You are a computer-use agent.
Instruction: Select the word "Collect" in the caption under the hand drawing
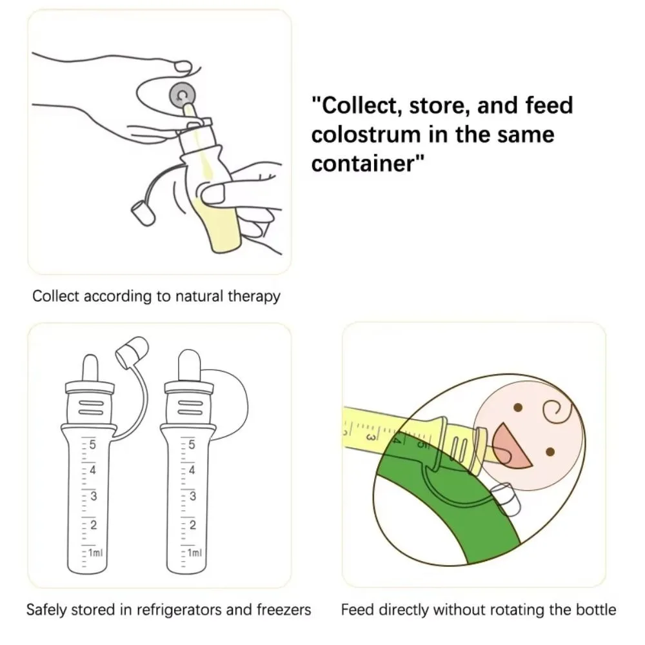pyautogui.click(x=56, y=296)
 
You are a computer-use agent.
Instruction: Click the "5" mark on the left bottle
pyautogui.click(x=93, y=444)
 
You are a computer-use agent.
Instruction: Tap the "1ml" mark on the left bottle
pyautogui.click(x=94, y=553)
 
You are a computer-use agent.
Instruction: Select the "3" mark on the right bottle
pyautogui.click(x=192, y=497)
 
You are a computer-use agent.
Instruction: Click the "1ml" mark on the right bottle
pyautogui.click(x=193, y=553)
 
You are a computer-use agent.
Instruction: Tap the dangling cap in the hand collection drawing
pyautogui.click(x=143, y=213)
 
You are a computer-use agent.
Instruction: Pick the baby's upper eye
pyautogui.click(x=518, y=408)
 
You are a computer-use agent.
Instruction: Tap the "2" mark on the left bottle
pyautogui.click(x=93, y=524)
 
